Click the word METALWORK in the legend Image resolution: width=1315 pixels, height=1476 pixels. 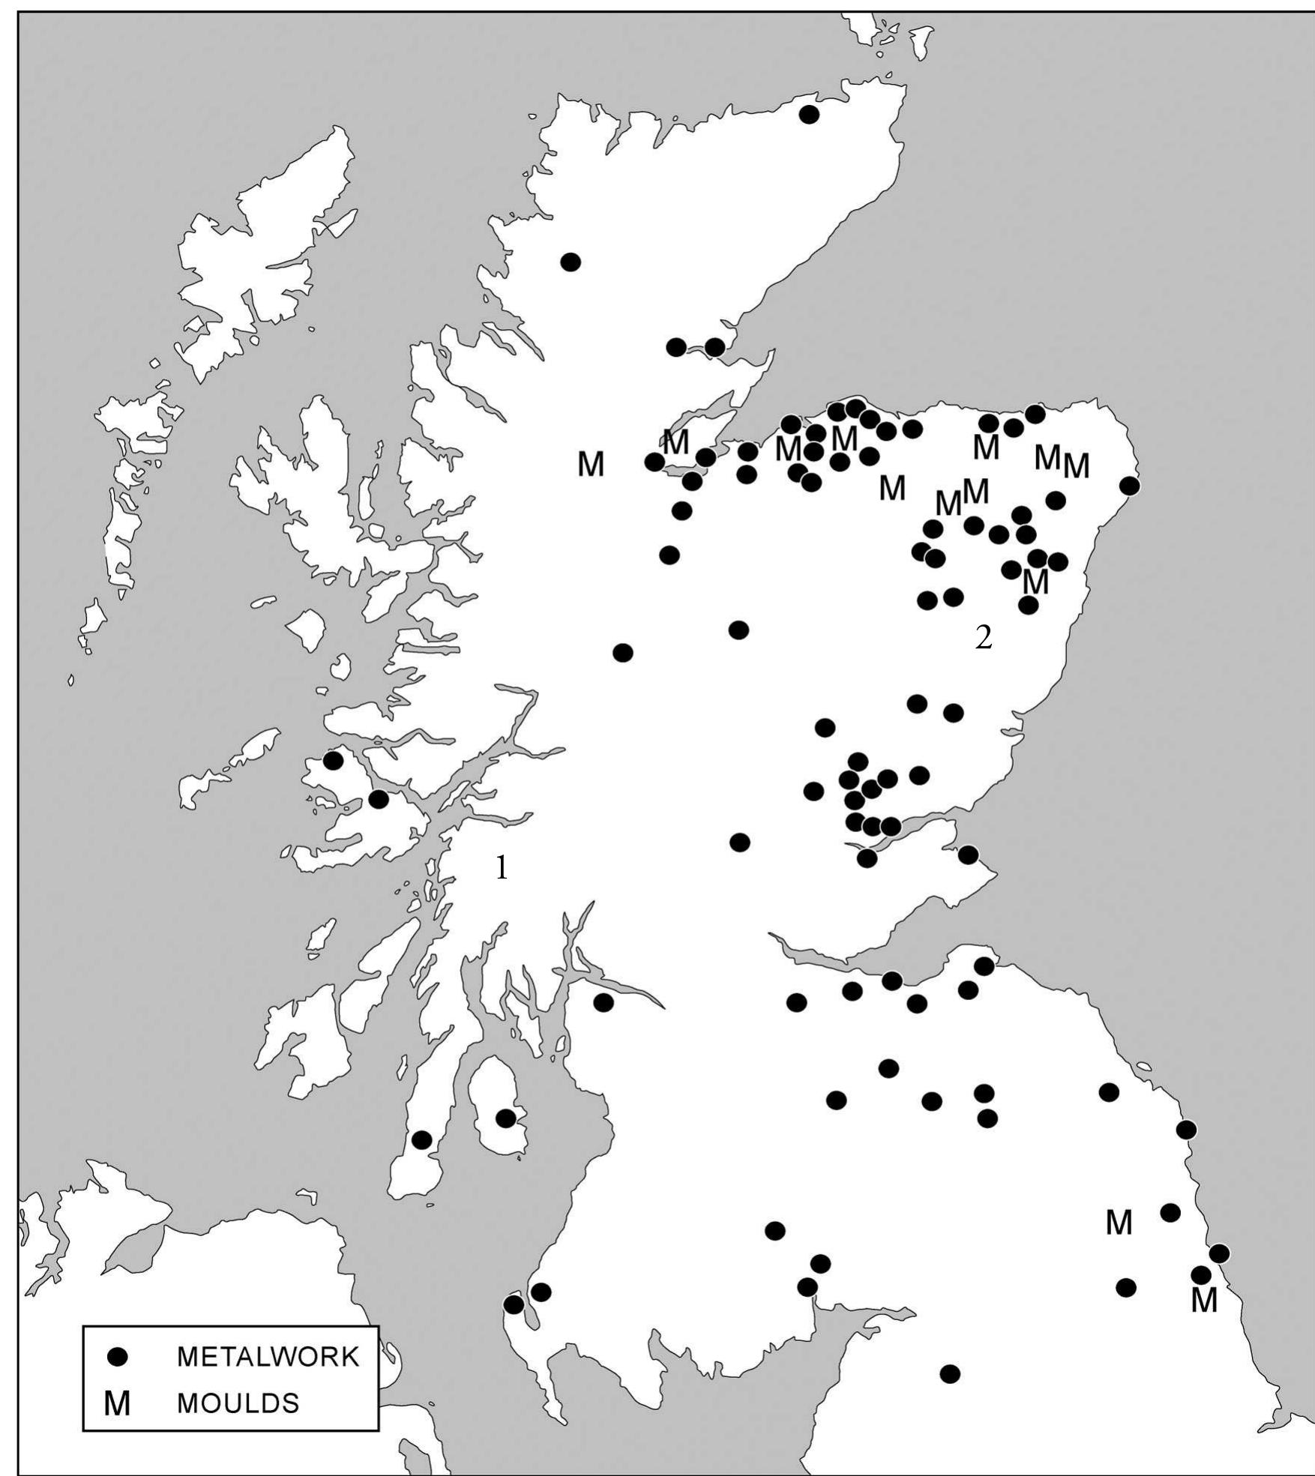(x=268, y=1357)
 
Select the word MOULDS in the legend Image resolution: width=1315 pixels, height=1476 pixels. (x=238, y=1403)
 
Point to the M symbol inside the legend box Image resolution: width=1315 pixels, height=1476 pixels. (x=117, y=1404)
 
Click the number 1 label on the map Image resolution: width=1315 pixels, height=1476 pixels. (x=501, y=868)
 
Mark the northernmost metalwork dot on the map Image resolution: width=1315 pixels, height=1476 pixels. (x=809, y=115)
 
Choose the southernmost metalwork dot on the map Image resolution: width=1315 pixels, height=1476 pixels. (x=950, y=1374)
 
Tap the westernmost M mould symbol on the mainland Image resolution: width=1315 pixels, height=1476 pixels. (x=591, y=465)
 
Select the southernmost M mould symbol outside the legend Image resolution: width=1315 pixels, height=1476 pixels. (x=1204, y=1301)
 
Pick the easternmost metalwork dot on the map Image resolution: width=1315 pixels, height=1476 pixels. (x=1219, y=1253)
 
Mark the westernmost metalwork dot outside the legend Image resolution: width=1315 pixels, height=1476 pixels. (x=333, y=761)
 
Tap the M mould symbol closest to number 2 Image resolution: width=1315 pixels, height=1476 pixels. (x=1035, y=582)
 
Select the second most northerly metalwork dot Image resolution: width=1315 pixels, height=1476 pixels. (x=571, y=262)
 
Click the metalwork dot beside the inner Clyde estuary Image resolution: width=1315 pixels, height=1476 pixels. (x=604, y=1002)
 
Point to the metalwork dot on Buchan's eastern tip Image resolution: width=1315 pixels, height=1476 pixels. (x=1130, y=486)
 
